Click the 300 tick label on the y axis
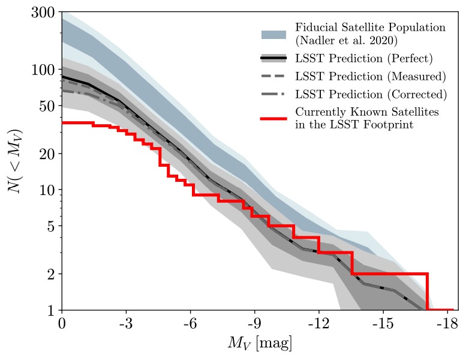pyautogui.click(x=43, y=13)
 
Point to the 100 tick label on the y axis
pyautogui.click(x=43, y=70)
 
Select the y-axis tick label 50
pyautogui.click(x=47, y=106)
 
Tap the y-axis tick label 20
pyautogui.click(x=47, y=154)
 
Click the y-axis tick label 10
pyautogui.click(x=47, y=190)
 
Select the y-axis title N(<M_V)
pyautogui.click(x=16, y=161)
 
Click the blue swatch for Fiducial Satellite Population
pyautogui.click(x=275, y=34)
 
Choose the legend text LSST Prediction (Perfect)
pyautogui.click(x=363, y=59)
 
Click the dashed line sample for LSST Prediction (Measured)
pyautogui.click(x=275, y=77)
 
